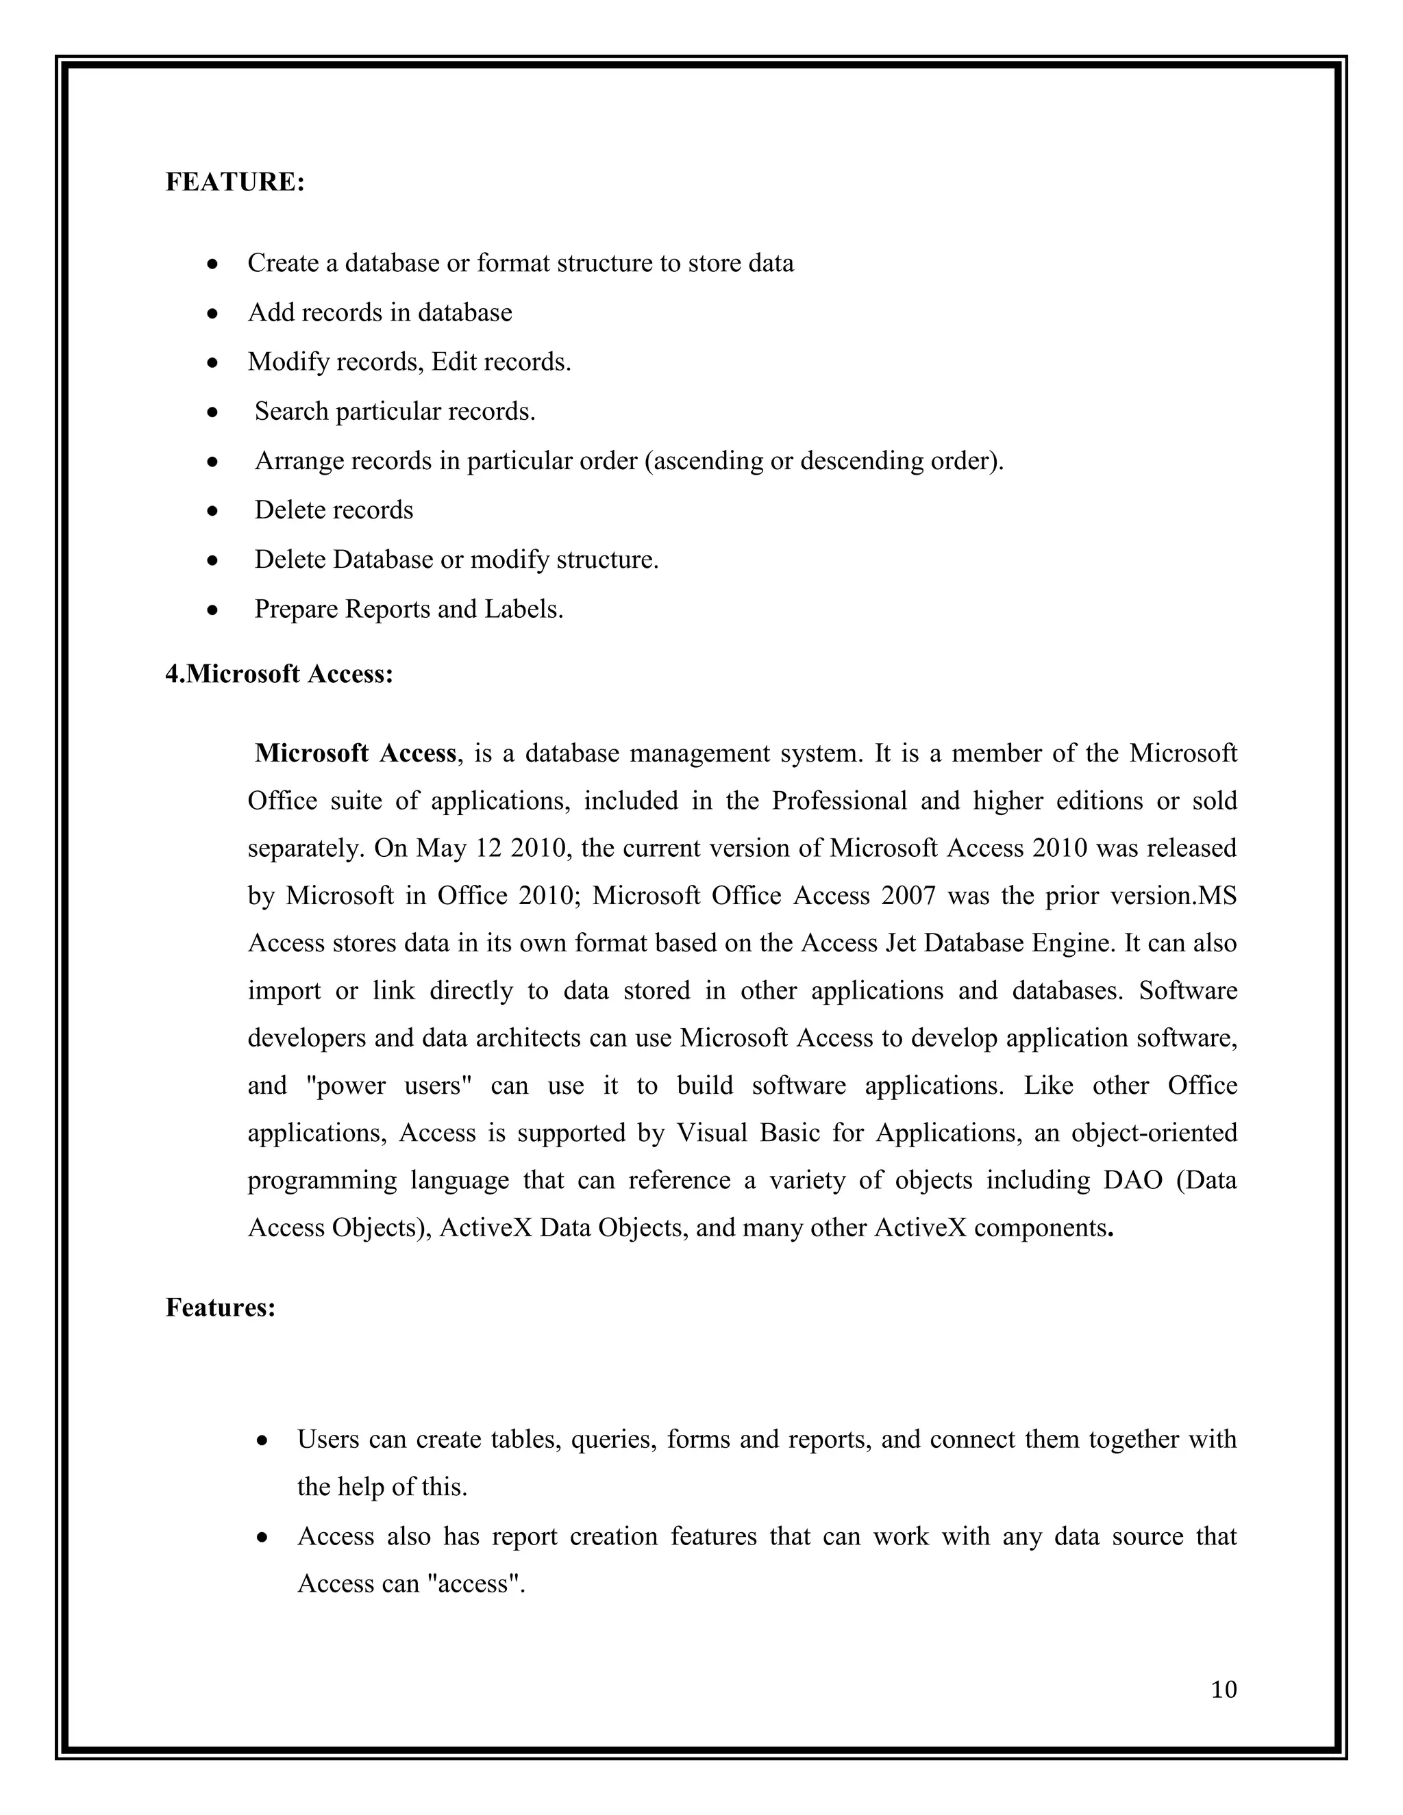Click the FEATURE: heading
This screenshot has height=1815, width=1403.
[235, 182]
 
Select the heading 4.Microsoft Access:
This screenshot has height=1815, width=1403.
[280, 673]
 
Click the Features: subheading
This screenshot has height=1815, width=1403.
[221, 1307]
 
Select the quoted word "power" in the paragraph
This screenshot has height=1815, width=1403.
[351, 1086]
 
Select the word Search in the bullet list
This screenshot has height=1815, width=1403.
[292, 412]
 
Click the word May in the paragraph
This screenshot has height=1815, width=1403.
[442, 849]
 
